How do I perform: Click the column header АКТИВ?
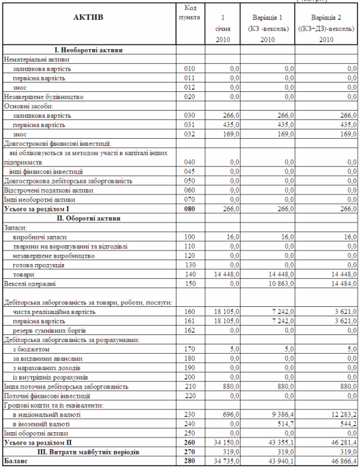(87, 18)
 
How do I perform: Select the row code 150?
(189, 283)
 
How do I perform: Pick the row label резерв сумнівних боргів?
(47, 330)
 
